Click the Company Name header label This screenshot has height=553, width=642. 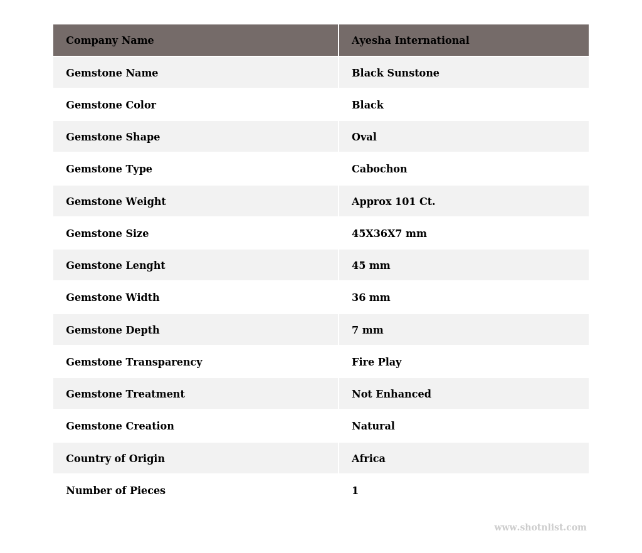click(x=110, y=41)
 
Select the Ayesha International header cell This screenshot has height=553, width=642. click(x=410, y=41)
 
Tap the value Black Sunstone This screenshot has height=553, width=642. click(x=395, y=73)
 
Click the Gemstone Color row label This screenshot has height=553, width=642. click(x=111, y=105)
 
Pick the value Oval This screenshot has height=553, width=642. click(x=364, y=137)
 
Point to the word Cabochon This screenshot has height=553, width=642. click(x=379, y=169)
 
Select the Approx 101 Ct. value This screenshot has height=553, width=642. click(x=393, y=202)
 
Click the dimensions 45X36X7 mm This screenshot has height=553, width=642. click(x=389, y=234)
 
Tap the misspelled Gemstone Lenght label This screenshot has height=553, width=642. click(x=115, y=266)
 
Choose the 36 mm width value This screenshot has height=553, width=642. click(x=371, y=298)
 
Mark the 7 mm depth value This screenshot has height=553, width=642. click(x=367, y=330)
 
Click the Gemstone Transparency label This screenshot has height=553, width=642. click(x=134, y=362)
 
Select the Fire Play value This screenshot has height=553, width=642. click(x=376, y=362)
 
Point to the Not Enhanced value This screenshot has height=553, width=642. click(x=391, y=394)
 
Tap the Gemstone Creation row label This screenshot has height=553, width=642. click(x=120, y=426)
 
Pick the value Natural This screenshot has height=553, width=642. click(x=373, y=426)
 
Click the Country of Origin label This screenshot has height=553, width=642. click(x=115, y=459)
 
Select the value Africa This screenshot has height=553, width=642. click(x=368, y=459)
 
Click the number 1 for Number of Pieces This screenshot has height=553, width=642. click(x=355, y=491)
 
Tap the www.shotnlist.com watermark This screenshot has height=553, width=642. click(x=540, y=528)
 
